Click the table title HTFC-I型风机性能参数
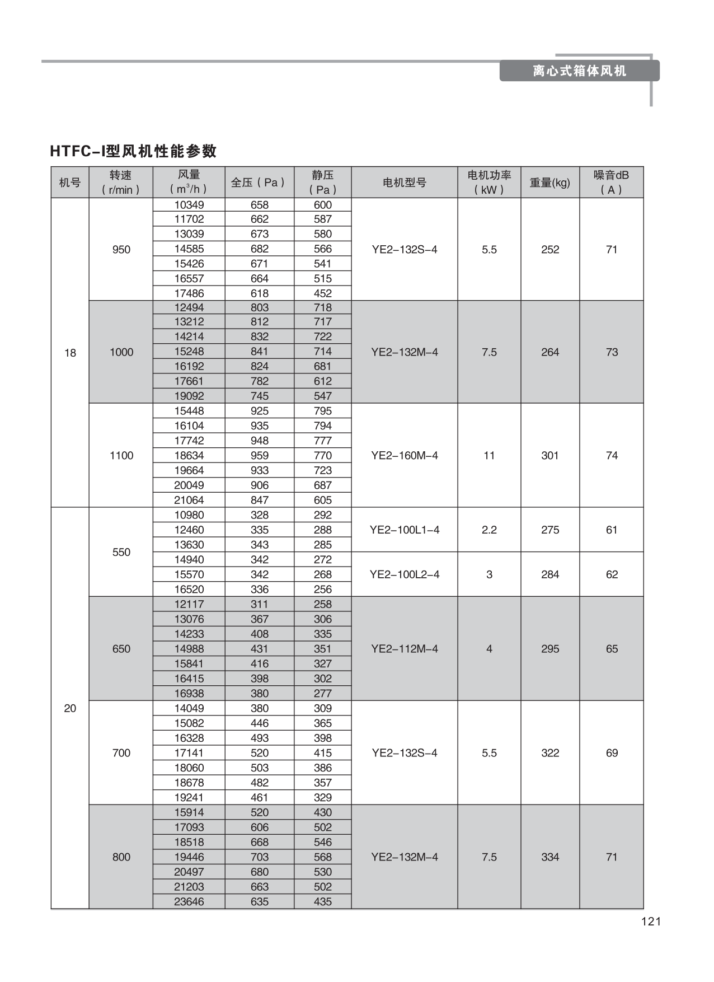133,151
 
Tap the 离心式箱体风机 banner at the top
579,71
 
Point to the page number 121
651,922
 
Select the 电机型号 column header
405,183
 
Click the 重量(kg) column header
550,183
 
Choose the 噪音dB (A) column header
611,183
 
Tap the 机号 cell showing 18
70,353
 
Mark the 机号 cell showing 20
70,708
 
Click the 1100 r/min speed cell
121,455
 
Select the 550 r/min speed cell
121,552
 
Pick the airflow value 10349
189,205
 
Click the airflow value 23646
189,901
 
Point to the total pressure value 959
260,455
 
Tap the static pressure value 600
323,205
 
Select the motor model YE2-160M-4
405,455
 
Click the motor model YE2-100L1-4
405,530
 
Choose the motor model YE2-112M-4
405,649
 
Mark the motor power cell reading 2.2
489,530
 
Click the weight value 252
550,249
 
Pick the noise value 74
612,455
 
